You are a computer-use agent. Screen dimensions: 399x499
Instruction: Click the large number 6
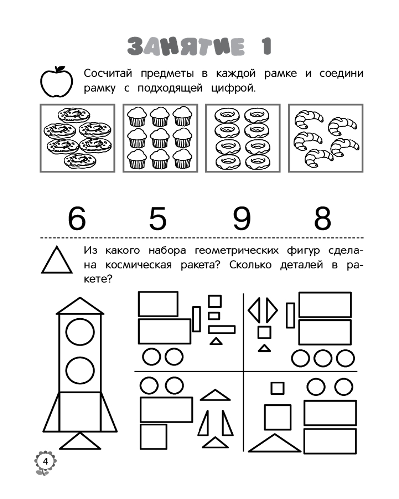(77, 218)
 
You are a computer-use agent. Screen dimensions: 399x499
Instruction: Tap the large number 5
(158, 218)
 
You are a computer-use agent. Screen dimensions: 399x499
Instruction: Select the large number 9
(242, 218)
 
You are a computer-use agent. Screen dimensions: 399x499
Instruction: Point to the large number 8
(323, 218)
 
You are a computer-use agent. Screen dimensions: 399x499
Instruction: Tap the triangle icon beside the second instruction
(57, 259)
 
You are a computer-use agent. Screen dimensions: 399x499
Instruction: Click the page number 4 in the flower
(45, 461)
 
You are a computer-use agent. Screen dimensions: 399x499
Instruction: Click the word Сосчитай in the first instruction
(108, 73)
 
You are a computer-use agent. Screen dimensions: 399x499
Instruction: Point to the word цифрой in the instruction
(233, 88)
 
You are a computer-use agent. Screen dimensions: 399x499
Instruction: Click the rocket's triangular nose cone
(80, 306)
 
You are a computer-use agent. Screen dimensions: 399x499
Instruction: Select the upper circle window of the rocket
(80, 332)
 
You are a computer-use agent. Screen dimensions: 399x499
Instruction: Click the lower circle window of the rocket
(80, 370)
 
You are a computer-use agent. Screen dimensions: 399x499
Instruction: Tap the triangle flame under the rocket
(80, 441)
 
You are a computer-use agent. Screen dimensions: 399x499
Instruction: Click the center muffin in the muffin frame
(160, 138)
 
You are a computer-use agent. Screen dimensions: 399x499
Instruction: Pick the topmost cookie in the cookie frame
(74, 114)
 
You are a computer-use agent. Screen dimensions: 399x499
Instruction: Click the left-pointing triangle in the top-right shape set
(254, 310)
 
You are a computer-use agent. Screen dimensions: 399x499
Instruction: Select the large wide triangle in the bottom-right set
(275, 443)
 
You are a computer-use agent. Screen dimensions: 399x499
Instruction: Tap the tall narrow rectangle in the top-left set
(197, 319)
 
